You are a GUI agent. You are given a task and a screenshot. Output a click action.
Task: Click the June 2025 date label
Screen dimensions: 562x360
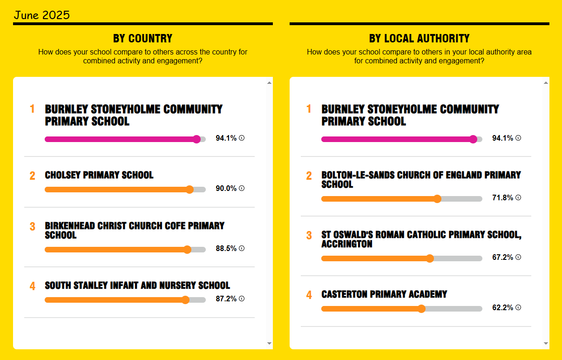pos(41,15)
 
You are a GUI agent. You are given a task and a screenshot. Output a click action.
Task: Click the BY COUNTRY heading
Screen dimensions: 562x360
pos(142,38)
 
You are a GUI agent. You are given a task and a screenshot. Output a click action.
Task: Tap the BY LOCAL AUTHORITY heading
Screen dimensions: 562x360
pos(419,38)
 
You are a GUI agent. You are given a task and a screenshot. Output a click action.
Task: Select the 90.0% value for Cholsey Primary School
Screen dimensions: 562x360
pos(226,188)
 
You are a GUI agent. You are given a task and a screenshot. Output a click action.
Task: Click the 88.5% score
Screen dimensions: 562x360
pos(226,248)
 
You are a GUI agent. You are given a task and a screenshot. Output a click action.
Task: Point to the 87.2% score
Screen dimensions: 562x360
pos(226,299)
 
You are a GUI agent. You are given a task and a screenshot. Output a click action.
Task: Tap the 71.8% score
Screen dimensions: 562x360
pos(502,197)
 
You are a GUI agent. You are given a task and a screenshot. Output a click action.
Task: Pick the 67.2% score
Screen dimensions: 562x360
pos(502,257)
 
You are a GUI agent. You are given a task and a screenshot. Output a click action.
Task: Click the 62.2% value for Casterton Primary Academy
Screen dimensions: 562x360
pos(502,307)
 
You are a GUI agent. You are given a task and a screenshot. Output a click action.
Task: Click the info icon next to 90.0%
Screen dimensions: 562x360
pos(242,188)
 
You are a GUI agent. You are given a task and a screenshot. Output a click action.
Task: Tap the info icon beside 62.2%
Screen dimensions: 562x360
pos(518,307)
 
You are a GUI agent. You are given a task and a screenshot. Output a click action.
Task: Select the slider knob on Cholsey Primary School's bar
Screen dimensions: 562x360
pos(190,190)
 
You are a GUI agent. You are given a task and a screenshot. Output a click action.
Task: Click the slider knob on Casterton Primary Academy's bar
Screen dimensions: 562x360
pos(421,309)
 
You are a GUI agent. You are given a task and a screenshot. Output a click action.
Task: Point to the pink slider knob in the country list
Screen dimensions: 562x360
pos(196,139)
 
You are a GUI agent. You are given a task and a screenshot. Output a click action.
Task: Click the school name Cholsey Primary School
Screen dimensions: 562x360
pos(99,175)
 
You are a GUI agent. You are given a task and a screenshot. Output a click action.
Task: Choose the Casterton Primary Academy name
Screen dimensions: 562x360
pos(384,294)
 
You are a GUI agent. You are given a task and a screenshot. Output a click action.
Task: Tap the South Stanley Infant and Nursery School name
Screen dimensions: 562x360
pos(137,285)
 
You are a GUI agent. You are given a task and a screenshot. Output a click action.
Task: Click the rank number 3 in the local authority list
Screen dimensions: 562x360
pos(309,235)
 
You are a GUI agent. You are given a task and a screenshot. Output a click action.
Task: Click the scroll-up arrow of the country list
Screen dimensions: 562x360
pos(269,83)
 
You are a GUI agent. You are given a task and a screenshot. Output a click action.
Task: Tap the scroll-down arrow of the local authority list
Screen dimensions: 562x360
pos(546,343)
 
